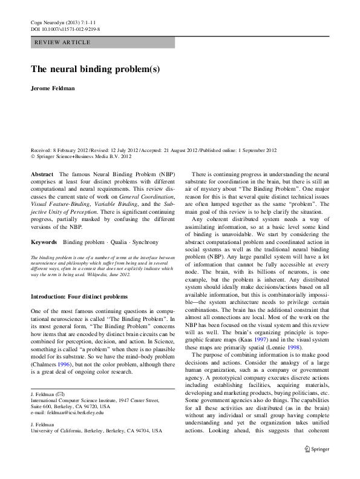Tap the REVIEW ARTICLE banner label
[x=63, y=42]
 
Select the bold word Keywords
[x=44, y=242]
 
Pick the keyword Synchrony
[x=145, y=242]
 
